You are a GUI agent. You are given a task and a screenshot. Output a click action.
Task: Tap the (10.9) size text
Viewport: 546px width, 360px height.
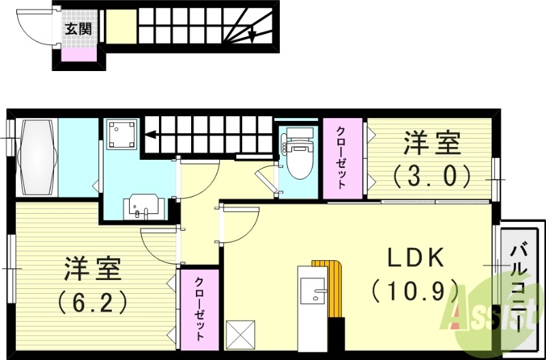coord(414,291)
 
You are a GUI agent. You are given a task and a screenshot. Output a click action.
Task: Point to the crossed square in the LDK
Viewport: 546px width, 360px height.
coord(240,335)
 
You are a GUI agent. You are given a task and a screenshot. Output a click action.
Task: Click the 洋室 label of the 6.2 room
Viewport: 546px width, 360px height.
coord(93,267)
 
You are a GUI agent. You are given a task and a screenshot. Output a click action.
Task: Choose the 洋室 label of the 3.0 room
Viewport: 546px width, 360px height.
coord(432,144)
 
